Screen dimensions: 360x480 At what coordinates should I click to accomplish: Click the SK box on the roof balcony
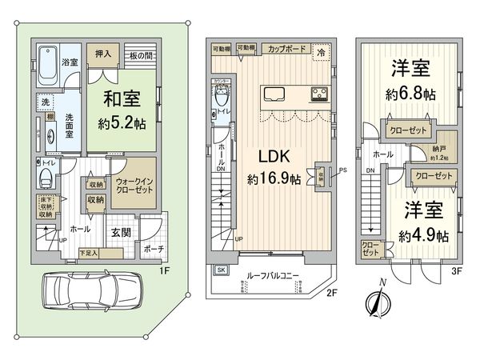click(x=221, y=270)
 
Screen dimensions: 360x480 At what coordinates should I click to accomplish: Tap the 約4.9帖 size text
click(x=424, y=236)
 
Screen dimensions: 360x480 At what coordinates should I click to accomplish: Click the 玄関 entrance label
click(x=120, y=232)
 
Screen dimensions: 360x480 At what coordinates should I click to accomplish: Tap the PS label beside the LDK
click(x=342, y=170)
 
